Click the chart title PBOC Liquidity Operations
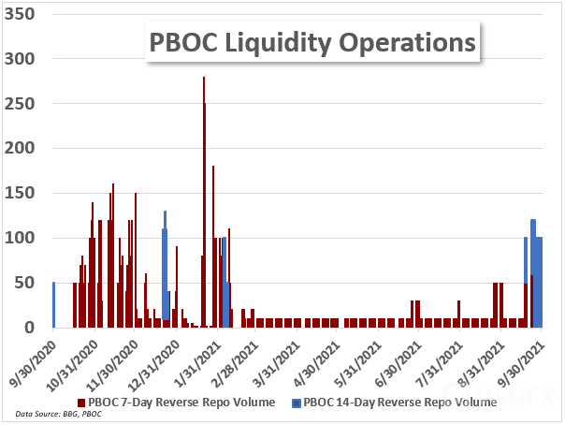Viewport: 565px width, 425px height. click(311, 44)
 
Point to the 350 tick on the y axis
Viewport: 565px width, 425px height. click(23, 15)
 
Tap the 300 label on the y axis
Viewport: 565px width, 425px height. click(23, 60)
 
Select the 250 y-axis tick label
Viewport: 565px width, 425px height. click(23, 104)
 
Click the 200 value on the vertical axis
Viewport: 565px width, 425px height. click(23, 149)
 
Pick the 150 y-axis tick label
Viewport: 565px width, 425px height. click(23, 194)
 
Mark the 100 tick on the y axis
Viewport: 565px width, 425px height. click(23, 238)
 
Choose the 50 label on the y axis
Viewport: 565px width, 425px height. click(28, 283)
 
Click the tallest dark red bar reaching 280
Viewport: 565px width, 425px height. click(203, 201)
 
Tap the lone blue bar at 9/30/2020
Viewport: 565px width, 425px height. click(53, 304)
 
